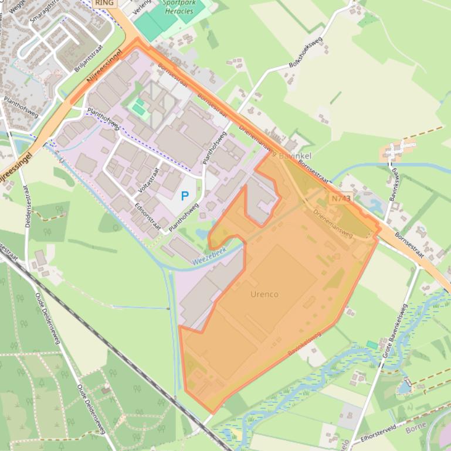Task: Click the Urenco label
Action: point(264,293)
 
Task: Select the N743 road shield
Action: point(341,199)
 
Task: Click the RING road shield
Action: point(104,3)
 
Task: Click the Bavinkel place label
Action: point(295,156)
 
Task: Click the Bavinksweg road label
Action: point(395,182)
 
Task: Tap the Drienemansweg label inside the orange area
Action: point(333,224)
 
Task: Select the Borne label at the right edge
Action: point(415,429)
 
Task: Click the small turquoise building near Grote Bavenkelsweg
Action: point(372,345)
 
